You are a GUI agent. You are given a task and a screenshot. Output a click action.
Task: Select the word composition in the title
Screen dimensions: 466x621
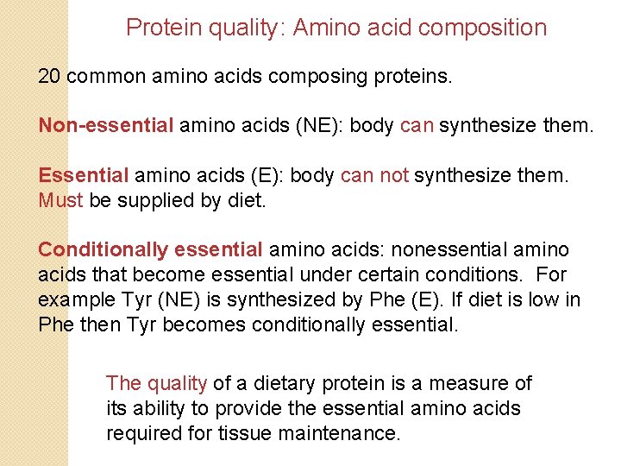click(481, 28)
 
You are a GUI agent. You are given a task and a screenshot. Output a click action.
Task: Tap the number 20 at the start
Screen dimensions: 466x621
click(50, 76)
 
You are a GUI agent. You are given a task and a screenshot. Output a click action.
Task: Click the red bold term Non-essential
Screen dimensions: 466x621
click(106, 125)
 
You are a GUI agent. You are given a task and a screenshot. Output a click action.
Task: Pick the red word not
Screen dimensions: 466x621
click(394, 176)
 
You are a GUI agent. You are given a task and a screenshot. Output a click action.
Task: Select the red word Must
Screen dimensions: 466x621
click(60, 201)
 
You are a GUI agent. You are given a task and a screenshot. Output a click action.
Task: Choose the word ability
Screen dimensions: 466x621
click(164, 408)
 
